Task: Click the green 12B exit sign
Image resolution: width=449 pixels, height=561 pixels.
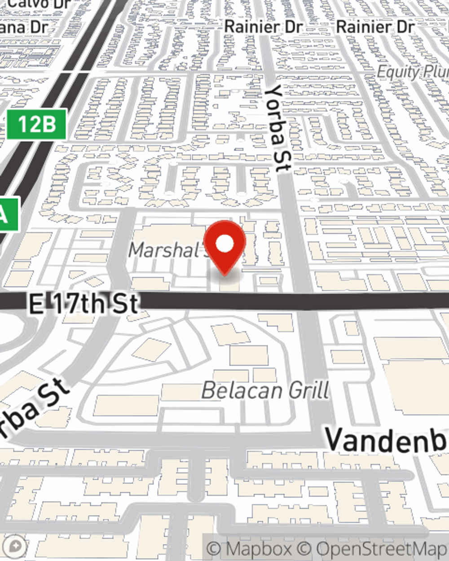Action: (x=37, y=124)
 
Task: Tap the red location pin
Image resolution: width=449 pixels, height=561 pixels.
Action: (x=224, y=247)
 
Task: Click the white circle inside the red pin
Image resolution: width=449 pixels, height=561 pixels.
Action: (x=225, y=244)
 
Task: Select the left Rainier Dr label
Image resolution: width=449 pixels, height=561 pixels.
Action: (x=263, y=27)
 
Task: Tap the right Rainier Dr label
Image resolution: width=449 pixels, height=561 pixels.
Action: (x=375, y=27)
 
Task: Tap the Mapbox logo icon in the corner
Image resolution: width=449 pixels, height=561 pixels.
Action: (x=15, y=546)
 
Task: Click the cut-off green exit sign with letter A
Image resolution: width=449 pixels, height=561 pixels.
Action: (x=7, y=215)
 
